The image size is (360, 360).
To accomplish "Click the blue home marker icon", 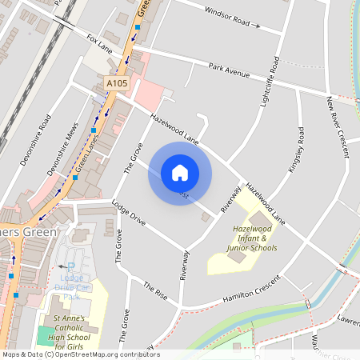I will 179,173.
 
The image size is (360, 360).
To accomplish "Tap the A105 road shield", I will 117,82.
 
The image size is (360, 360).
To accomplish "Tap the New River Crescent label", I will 337,126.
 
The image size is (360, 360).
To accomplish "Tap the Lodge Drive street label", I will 129,212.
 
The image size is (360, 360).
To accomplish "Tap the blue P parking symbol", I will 70,267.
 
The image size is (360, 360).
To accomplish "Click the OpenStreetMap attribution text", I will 80,354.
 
